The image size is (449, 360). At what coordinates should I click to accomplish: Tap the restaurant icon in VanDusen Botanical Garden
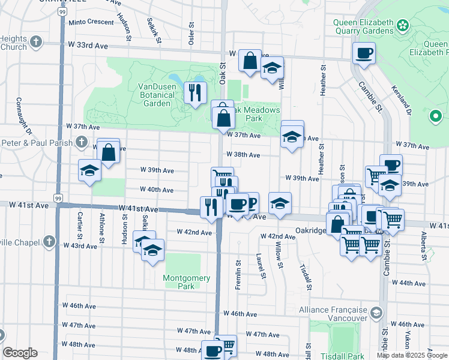194,93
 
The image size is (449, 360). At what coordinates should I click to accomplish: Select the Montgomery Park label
187,282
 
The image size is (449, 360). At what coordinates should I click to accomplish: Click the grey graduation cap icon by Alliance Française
376,313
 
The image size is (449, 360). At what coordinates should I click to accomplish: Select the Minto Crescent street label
91,22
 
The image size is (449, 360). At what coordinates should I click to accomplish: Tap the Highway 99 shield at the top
62,11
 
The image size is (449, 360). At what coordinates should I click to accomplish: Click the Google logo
20,353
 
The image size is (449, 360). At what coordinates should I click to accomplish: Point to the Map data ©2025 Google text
411,355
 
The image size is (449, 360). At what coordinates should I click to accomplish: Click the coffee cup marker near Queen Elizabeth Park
364,53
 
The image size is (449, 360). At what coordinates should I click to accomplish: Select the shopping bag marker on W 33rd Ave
249,61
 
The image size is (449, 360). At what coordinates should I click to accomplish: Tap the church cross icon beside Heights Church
37,42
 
